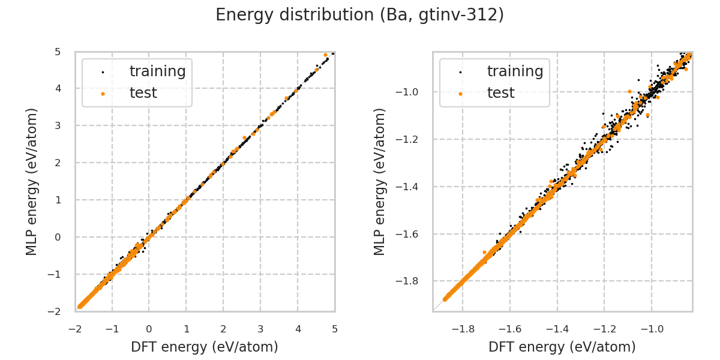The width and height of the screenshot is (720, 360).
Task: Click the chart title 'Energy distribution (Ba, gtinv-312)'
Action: click(359, 15)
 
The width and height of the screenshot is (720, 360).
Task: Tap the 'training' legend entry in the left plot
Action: click(157, 71)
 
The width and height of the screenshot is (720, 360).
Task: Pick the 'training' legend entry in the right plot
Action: click(515, 71)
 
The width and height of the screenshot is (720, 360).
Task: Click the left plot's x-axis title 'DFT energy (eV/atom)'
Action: click(205, 347)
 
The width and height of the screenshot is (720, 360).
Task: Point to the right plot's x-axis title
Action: click(562, 347)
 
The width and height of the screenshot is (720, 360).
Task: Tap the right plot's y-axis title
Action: click(380, 181)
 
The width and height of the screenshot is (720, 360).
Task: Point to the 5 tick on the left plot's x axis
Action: click(335, 329)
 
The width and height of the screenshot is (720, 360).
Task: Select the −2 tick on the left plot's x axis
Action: click(76, 329)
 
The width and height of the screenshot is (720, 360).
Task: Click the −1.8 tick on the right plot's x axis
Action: click(463, 329)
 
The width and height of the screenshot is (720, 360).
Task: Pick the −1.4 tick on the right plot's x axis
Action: click(557, 329)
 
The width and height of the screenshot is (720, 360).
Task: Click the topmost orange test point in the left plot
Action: click(326, 55)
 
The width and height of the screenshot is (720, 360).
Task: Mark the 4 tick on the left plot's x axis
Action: click(298, 329)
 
